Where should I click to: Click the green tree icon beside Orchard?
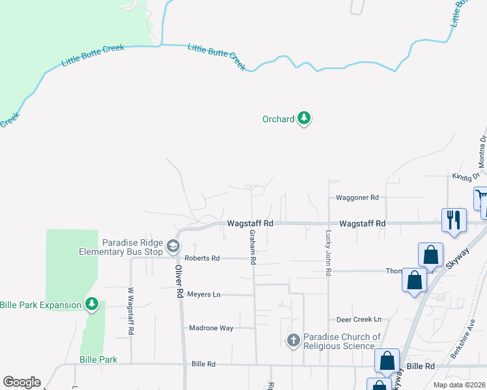(x=303, y=118)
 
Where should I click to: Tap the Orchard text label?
(x=278, y=119)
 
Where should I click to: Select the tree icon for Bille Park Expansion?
(x=92, y=304)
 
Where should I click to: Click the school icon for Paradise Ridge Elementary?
(x=173, y=246)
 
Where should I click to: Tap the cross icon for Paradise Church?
(x=294, y=340)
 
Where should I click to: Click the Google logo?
(x=21, y=382)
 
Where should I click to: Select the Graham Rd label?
(x=251, y=248)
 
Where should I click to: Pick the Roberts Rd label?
(x=202, y=258)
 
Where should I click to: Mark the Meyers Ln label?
(x=204, y=294)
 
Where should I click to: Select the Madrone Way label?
(x=211, y=328)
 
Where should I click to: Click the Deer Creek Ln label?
(x=358, y=319)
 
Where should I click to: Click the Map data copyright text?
(x=460, y=385)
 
